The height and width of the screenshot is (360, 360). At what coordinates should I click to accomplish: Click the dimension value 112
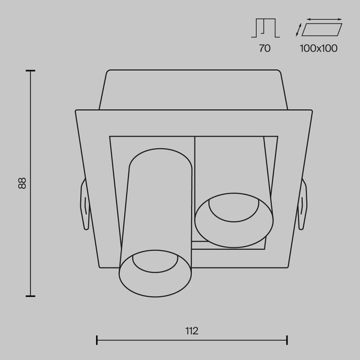[192, 331]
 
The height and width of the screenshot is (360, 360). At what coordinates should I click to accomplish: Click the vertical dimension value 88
[22, 183]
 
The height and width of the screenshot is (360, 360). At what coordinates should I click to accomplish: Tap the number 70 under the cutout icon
[265, 49]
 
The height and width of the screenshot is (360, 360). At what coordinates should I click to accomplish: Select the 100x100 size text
[319, 49]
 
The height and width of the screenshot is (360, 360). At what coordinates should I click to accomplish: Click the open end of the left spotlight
[155, 272]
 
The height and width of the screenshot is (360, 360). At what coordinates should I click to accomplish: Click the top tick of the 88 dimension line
[30, 71]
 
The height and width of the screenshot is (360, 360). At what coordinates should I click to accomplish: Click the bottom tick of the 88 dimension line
[30, 296]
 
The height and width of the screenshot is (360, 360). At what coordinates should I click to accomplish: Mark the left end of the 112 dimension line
[97, 340]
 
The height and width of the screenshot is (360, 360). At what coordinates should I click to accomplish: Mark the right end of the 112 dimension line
[287, 340]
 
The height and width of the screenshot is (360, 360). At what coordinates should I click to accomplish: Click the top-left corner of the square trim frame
[77, 111]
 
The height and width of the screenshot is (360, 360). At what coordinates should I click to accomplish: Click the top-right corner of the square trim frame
[311, 111]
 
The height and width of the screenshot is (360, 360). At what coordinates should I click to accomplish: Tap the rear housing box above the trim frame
[192, 90]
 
